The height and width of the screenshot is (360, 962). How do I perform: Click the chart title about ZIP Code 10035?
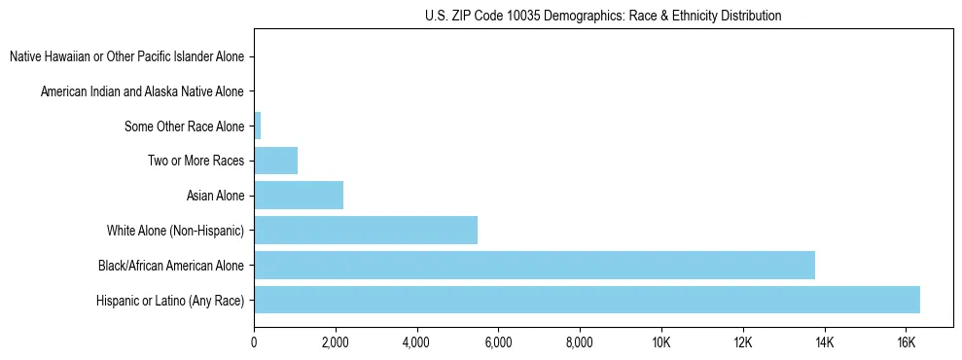pos(603,16)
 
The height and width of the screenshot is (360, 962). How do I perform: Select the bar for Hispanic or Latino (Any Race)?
pos(587,301)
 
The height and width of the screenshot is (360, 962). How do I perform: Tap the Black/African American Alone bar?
pos(534,266)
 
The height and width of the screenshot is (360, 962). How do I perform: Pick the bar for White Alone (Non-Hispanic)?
pos(366,231)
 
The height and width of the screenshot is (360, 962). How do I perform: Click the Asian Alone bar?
pos(299,196)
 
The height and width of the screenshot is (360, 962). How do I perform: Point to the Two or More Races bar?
pos(275,161)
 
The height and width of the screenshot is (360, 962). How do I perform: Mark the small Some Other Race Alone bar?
pos(258,126)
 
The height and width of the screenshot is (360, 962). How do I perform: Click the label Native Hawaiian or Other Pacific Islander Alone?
pos(127,56)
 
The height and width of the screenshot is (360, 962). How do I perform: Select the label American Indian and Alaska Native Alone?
pos(143,91)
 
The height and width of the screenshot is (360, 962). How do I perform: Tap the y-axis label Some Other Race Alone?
pos(185,126)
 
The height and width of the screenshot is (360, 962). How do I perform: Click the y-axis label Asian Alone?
pos(216,197)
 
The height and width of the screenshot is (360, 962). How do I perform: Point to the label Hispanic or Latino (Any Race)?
pos(170,301)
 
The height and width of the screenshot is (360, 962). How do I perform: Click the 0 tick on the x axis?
pos(254,342)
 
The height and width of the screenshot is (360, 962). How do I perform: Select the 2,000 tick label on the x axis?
pos(335,342)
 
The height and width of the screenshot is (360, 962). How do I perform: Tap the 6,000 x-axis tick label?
pos(498,342)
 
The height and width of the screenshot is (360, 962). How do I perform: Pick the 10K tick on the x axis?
pos(661,342)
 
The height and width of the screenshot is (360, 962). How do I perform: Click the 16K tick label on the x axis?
pos(906,342)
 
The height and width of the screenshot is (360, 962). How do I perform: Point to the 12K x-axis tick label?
pos(743,342)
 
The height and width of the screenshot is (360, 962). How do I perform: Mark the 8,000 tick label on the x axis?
pos(580,342)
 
